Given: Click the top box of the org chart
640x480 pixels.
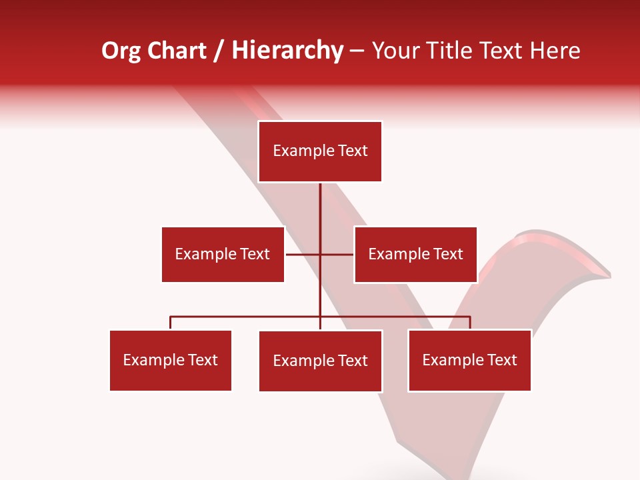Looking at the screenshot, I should click(x=320, y=151).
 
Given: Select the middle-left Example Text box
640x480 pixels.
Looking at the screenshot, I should click(x=223, y=254).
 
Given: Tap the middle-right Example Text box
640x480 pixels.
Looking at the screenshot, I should click(x=415, y=254).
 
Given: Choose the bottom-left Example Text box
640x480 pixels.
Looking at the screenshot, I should click(x=170, y=360).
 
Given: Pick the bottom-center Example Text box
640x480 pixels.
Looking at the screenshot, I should click(x=320, y=361).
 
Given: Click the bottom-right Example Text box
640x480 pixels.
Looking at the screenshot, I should click(x=469, y=360).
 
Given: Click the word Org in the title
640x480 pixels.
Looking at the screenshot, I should click(x=121, y=51).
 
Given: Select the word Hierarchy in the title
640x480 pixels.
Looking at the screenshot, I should click(x=287, y=51).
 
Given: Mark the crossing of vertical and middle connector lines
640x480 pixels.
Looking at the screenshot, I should click(x=320, y=254).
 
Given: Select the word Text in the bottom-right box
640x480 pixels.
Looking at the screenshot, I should click(x=501, y=360).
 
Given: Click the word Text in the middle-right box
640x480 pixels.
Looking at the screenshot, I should click(x=447, y=254).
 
